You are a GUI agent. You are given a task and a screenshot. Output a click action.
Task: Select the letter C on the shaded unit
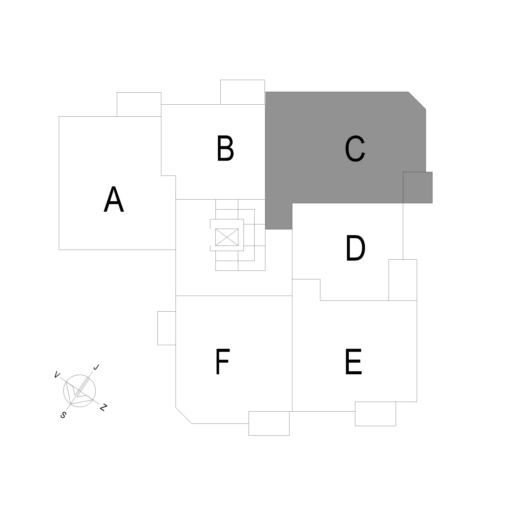click(355, 148)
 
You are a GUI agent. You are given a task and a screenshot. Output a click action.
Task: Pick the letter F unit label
click(223, 362)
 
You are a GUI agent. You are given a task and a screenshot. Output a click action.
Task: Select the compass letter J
click(96, 368)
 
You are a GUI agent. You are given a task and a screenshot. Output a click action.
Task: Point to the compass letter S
click(63, 415)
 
